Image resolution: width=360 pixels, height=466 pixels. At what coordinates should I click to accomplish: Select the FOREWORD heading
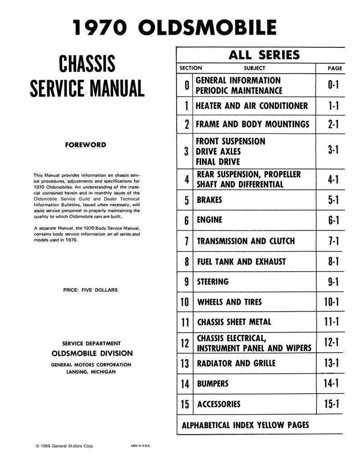pyautogui.click(x=86, y=145)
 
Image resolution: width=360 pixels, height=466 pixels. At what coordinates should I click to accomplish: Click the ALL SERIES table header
pyautogui.click(x=260, y=56)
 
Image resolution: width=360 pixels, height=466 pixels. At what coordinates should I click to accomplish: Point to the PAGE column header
pyautogui.click(x=335, y=68)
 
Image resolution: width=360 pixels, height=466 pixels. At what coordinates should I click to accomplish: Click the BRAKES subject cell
pyautogui.click(x=210, y=200)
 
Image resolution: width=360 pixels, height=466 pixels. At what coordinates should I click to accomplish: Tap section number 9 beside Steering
pyautogui.click(x=187, y=282)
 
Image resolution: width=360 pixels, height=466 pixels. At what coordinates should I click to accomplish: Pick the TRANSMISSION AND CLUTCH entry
pyautogui.click(x=245, y=241)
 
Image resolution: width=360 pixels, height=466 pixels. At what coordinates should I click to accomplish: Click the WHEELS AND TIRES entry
pyautogui.click(x=229, y=302)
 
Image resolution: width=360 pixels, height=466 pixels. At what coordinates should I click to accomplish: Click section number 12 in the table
pyautogui.click(x=185, y=343)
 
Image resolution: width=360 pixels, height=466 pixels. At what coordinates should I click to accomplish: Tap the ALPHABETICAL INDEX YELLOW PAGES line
pyautogui.click(x=245, y=425)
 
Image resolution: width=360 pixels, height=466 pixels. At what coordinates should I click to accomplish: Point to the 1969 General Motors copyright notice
pyautogui.click(x=65, y=446)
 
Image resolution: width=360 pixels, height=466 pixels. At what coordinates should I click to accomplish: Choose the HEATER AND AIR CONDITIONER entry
pyautogui.click(x=251, y=106)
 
